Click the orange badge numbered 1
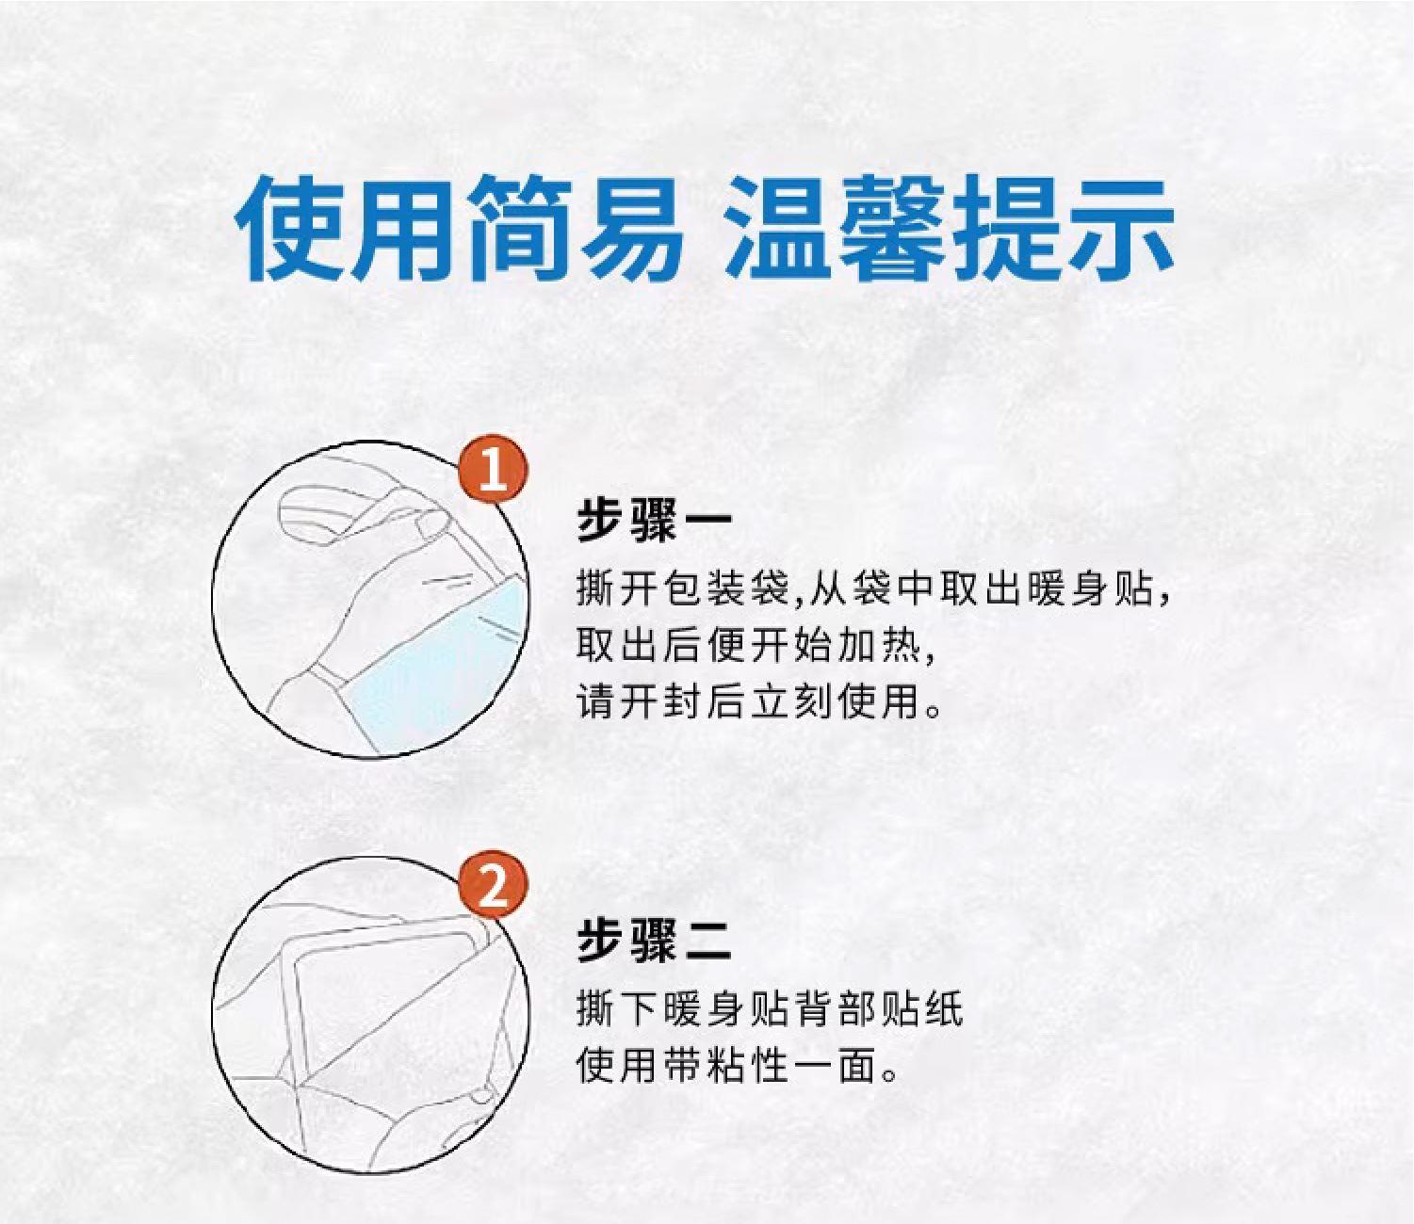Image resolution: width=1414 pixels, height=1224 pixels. click(494, 472)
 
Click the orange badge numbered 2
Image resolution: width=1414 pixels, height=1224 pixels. click(494, 886)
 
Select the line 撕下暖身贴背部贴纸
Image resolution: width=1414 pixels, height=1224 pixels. click(771, 1008)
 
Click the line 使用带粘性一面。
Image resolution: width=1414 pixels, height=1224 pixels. click(739, 1065)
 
